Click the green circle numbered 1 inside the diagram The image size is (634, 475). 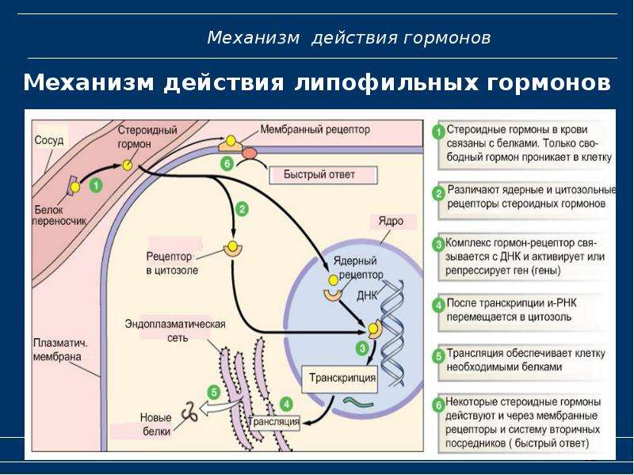tap(95, 186)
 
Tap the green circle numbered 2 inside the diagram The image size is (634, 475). tap(242, 209)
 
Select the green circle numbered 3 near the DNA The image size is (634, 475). tap(362, 348)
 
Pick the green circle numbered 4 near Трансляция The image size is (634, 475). tap(286, 405)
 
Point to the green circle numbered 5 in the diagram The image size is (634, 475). tap(214, 392)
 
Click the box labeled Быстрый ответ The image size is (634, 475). tap(323, 175)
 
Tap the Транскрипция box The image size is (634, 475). tap(340, 379)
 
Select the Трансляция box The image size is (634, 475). tap(273, 423)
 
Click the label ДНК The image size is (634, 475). tap(367, 295)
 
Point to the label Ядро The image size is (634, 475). tap(391, 222)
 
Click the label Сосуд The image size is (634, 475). tap(49, 141)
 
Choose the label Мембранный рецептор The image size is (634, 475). tap(315, 130)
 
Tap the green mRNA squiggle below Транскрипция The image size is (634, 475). tap(359, 401)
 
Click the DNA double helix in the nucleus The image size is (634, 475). tap(391, 333)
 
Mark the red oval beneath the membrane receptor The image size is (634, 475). tap(250, 153)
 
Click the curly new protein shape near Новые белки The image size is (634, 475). tap(189, 412)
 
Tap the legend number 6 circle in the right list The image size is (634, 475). tap(439, 405)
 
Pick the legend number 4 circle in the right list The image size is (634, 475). tap(439, 306)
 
